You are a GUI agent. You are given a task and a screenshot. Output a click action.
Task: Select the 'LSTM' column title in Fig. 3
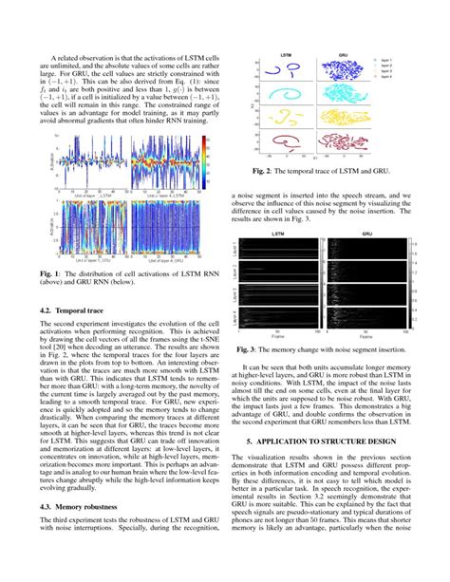coord(276,231)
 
